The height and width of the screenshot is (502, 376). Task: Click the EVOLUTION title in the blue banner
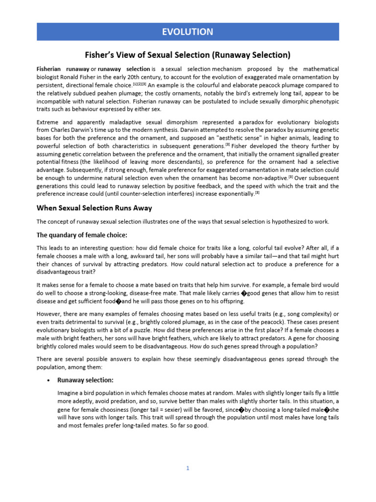click(188, 32)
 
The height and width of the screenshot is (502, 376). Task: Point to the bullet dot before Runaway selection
click(47, 380)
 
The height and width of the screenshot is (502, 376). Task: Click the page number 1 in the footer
click(188, 468)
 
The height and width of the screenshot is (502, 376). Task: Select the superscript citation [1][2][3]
click(140, 83)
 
